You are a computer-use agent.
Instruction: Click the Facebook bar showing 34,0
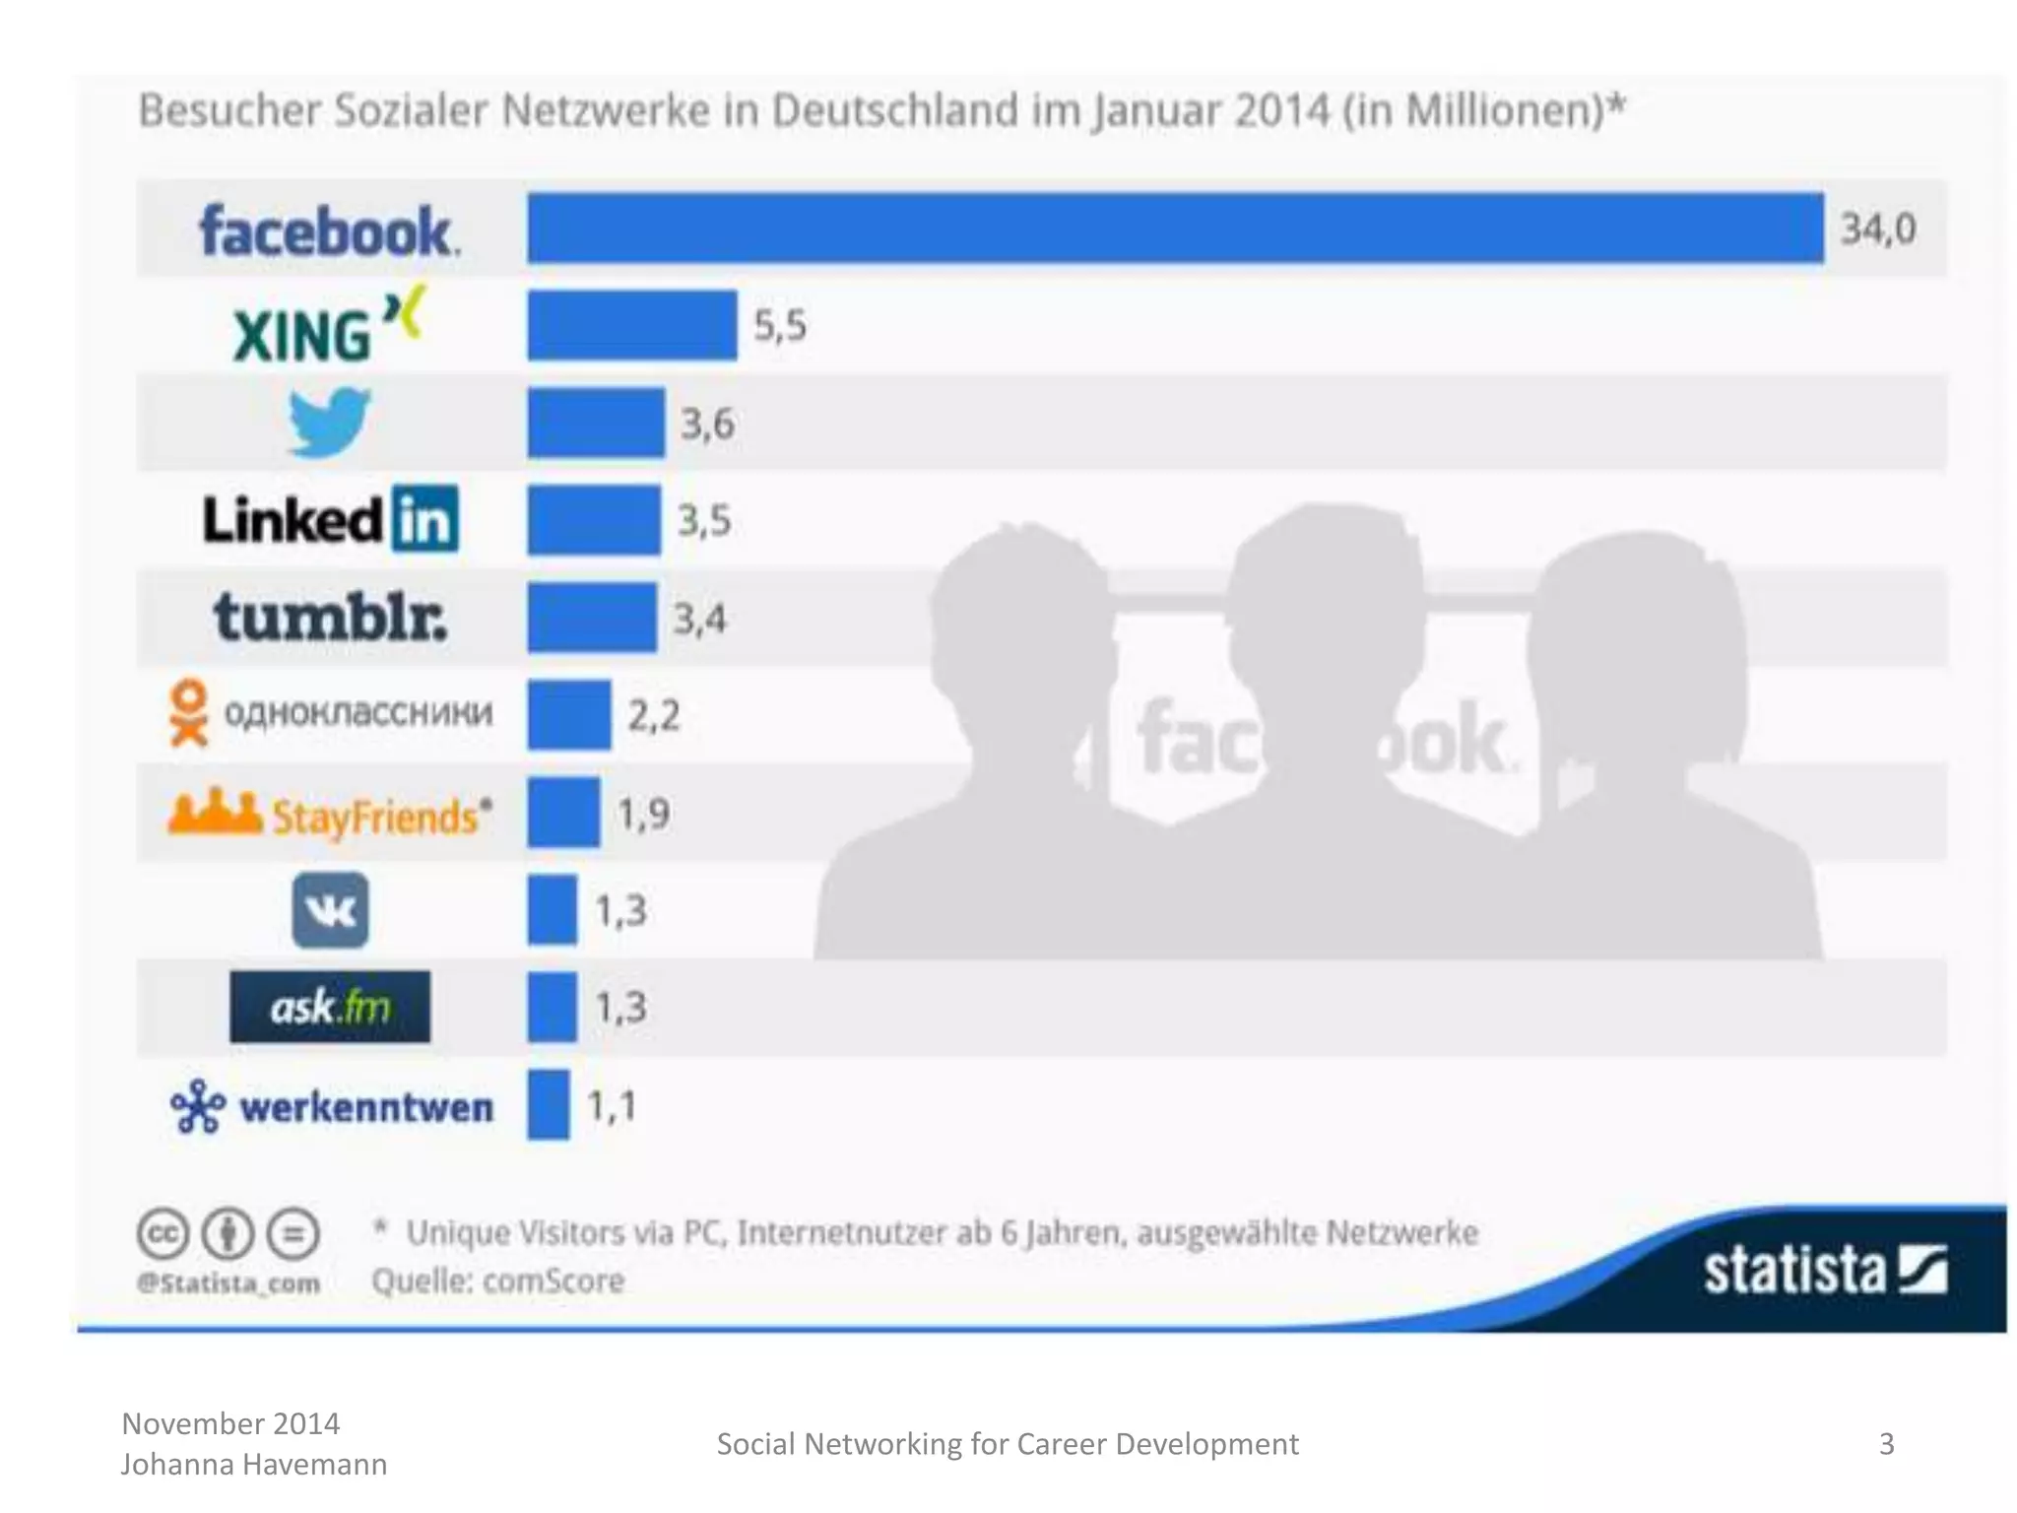1174,229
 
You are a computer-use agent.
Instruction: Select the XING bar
631,325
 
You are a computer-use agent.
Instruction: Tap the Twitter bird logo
329,423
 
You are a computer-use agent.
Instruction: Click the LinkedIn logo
330,519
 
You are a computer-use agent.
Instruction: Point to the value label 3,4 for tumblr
699,620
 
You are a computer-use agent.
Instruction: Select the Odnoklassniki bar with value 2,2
568,715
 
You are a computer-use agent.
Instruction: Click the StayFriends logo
330,815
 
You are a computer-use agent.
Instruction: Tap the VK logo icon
330,910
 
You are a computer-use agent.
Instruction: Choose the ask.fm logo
330,1007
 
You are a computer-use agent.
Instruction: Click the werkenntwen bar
548,1105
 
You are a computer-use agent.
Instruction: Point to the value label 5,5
779,325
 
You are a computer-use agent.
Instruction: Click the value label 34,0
1878,229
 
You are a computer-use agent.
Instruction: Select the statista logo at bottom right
1824,1270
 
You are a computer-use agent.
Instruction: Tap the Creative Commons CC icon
163,1234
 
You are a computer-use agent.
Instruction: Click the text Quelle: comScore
497,1281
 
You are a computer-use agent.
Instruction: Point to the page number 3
1886,1444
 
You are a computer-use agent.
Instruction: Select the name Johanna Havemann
254,1465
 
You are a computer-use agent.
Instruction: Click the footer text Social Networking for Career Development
1007,1444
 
